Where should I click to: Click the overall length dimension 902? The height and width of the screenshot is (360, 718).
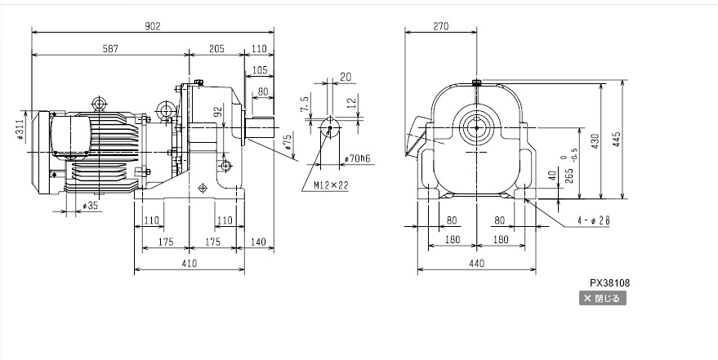coord(153,26)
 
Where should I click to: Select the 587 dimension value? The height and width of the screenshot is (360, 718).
coord(110,49)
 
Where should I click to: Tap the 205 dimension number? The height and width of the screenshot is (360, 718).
coord(216,49)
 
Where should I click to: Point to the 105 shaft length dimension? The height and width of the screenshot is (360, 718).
coord(261,70)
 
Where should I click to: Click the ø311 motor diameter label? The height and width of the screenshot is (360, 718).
coord(19,130)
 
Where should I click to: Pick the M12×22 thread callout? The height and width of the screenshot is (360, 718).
coord(331,185)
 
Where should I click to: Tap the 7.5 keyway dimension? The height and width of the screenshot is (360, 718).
coord(305,104)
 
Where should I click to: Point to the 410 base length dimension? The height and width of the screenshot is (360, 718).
coord(190,263)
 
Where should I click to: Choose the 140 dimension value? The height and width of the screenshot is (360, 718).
coord(260,242)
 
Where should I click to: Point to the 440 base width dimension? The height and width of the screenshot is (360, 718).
coord(477,263)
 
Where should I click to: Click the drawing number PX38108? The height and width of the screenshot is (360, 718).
coord(609,283)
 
